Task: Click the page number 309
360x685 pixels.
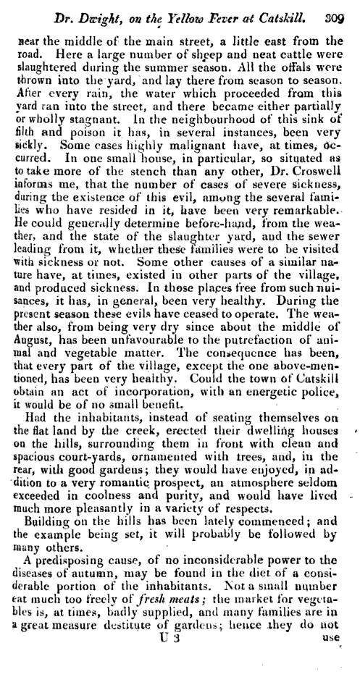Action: point(338,9)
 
